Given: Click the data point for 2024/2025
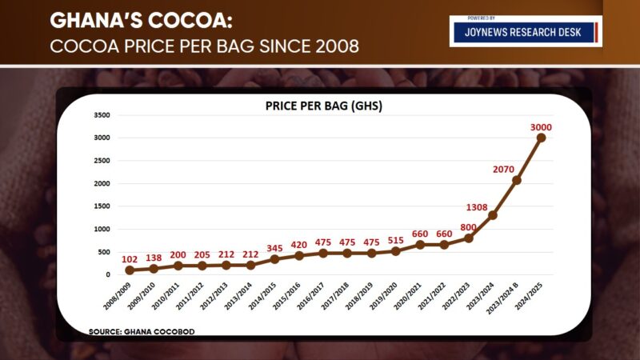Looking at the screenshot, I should click(542, 138).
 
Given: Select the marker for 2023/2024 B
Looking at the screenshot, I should click(517, 180).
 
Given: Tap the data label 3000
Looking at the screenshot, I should click(542, 127).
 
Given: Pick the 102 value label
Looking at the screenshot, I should click(130, 260).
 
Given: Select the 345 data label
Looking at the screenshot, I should click(275, 249).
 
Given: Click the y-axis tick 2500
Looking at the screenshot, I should click(102, 161).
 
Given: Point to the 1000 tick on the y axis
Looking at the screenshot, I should click(102, 230).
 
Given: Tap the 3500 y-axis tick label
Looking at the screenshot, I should click(102, 115).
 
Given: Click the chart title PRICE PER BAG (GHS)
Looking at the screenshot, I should click(324, 106).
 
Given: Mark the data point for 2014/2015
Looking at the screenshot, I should click(275, 259).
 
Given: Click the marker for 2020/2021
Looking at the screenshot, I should click(420, 245).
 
